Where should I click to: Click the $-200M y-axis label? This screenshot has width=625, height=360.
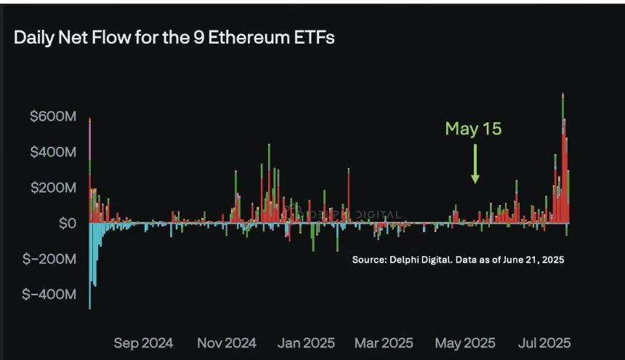pos(48,259)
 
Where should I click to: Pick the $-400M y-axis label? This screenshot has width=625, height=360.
pos(48,295)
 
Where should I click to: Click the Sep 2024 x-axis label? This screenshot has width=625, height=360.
pos(143,343)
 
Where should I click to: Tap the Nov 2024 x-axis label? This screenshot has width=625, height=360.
pos(227,343)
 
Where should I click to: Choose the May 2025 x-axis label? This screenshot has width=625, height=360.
pos(465,343)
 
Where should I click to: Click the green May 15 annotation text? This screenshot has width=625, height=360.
pos(474,129)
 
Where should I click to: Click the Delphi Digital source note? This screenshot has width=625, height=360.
pos(458,260)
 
